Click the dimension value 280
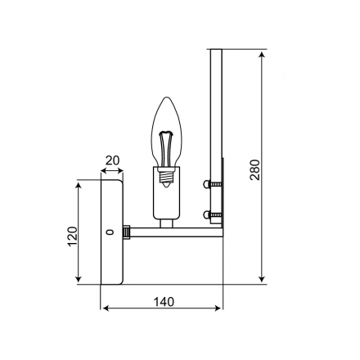click(255, 169)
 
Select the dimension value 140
click(164, 302)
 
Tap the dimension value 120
click(73, 236)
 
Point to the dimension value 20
click(112, 160)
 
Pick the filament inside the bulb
click(166, 149)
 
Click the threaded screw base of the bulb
click(166, 177)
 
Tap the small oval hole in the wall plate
click(110, 232)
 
